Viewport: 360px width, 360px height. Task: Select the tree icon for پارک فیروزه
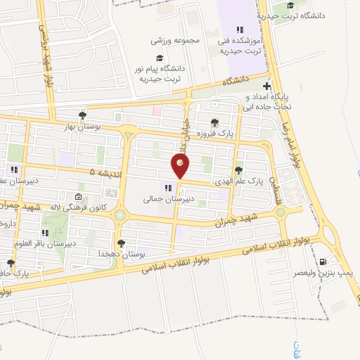tap(214, 123)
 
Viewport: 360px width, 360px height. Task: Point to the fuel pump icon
tap(323, 262)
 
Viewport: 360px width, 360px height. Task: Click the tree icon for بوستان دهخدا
tap(121, 243)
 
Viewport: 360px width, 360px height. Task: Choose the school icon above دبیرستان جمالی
tap(167, 188)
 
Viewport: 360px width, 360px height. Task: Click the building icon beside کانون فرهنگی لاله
tap(78, 196)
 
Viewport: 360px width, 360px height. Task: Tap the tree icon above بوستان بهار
tap(83, 115)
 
